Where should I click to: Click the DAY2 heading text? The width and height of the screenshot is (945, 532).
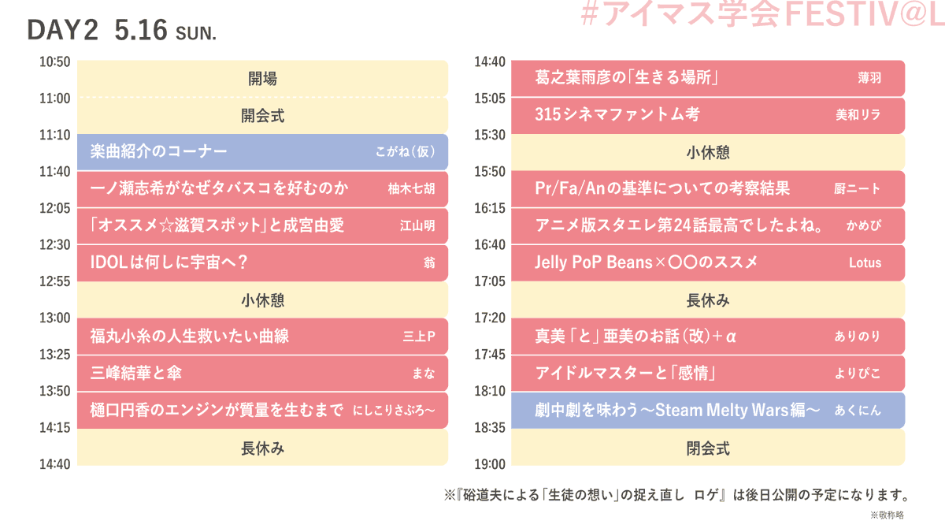[62, 31]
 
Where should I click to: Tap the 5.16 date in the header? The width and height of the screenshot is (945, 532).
[141, 31]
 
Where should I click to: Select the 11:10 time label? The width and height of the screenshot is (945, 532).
[55, 135]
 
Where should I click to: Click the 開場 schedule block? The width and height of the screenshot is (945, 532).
[262, 79]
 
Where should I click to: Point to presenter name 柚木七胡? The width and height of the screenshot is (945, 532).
[411, 189]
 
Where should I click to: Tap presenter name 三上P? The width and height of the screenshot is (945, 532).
[419, 337]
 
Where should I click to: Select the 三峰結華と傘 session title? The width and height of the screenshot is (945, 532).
[136, 373]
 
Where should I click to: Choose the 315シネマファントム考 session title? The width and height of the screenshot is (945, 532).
[617, 115]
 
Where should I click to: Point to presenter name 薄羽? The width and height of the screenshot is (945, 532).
[869, 78]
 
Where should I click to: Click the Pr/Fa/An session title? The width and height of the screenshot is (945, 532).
[661, 188]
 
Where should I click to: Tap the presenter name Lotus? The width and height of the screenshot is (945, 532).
[865, 262]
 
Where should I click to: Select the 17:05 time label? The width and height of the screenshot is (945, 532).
[490, 281]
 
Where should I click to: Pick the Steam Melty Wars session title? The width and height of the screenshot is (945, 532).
[677, 410]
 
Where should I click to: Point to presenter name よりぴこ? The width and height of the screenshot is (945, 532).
[858, 373]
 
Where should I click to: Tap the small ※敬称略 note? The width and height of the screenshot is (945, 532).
[887, 515]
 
